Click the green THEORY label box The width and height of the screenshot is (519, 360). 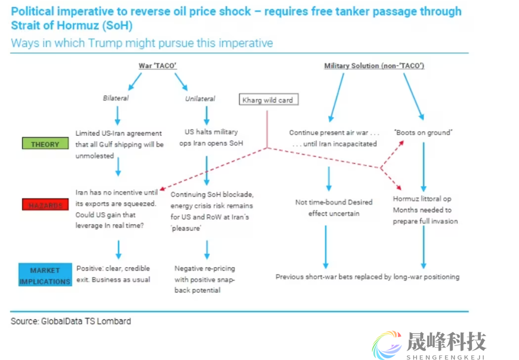click(x=45, y=144)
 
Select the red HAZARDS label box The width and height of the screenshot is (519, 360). click(x=45, y=205)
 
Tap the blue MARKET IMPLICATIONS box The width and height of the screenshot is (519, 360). click(x=45, y=275)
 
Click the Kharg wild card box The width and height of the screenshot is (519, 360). click(x=267, y=100)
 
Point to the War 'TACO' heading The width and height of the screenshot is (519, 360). click(x=158, y=66)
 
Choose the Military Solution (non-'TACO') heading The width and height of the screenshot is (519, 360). click(x=374, y=66)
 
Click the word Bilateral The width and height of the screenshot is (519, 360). click(x=116, y=98)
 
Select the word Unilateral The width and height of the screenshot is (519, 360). click(x=200, y=99)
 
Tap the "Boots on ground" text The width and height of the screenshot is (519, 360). click(x=423, y=132)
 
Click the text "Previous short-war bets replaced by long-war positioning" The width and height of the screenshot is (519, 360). click(x=368, y=276)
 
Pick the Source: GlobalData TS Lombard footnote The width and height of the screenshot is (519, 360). click(x=71, y=321)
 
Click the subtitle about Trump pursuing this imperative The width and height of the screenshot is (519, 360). click(x=142, y=43)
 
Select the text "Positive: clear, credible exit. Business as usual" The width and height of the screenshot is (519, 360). click(x=113, y=274)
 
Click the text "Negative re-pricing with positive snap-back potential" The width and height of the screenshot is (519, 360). click(x=205, y=279)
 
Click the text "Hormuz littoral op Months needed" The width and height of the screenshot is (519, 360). click(x=425, y=210)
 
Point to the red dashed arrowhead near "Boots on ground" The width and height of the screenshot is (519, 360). click(x=402, y=144)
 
